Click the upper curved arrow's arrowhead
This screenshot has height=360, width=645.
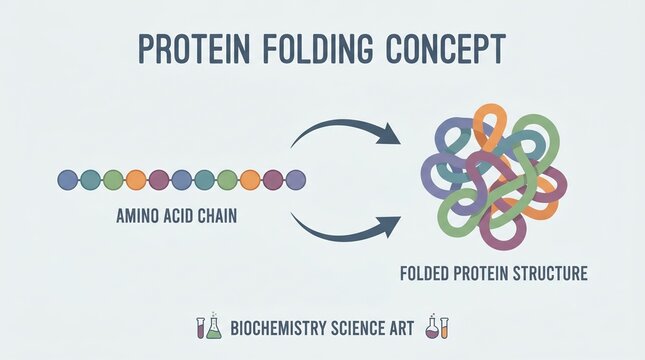[x=391, y=137]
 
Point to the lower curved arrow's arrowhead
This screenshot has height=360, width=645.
[x=391, y=221]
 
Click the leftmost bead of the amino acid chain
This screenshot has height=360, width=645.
[x=68, y=180]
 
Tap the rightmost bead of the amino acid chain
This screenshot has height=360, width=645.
[x=295, y=180]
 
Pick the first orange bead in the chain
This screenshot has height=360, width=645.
[x=136, y=180]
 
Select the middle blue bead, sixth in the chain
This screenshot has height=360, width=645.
[x=182, y=180]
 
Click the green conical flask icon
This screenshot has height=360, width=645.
[x=213, y=328]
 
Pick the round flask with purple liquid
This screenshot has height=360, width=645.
[x=432, y=328]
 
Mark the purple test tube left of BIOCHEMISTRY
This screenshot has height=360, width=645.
[x=200, y=327]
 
